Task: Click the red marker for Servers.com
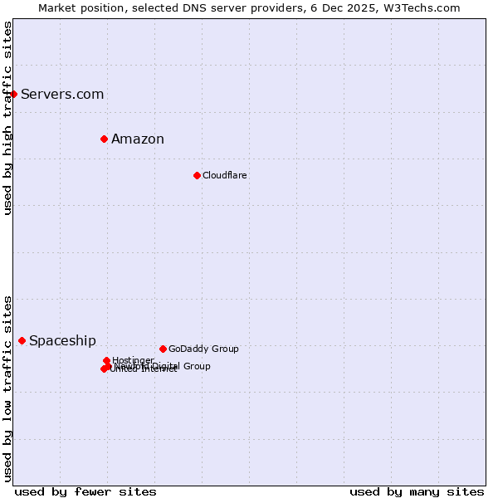(x=14, y=94)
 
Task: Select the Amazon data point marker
(x=104, y=139)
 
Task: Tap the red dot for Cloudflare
(x=197, y=175)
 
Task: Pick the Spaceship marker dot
(x=22, y=340)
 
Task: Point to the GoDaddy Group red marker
(x=163, y=349)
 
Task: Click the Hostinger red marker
(x=106, y=360)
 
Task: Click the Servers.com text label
(x=62, y=94)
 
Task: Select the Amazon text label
(x=138, y=139)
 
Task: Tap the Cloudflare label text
(x=225, y=175)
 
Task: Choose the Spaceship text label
(x=62, y=340)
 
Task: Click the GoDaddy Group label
(x=203, y=349)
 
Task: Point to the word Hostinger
(x=133, y=359)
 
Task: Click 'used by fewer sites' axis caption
(x=85, y=491)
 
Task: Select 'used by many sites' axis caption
(x=417, y=491)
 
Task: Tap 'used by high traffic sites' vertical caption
(x=7, y=118)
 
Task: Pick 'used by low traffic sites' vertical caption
(x=7, y=388)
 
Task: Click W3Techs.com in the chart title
(x=422, y=7)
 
